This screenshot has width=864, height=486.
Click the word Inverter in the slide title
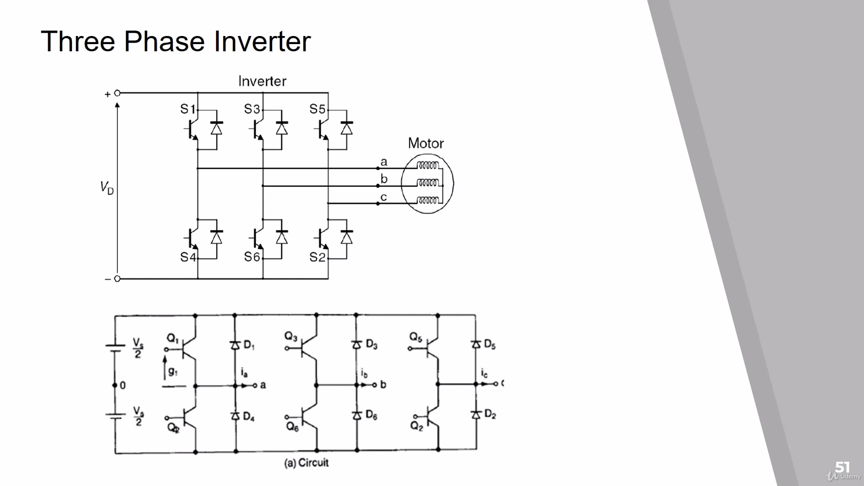pyautogui.click(x=262, y=41)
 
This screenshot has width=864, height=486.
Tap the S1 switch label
pyautogui.click(x=188, y=109)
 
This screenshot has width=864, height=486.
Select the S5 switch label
pyautogui.click(x=317, y=109)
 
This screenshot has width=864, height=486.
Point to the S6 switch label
pyautogui.click(x=252, y=257)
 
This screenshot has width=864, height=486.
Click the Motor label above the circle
pyautogui.click(x=426, y=144)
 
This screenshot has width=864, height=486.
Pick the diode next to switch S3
pyautogui.click(x=282, y=129)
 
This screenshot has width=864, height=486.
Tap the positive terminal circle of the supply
pyautogui.click(x=117, y=93)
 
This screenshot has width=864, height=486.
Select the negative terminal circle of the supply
pyautogui.click(x=117, y=279)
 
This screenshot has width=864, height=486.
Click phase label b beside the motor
pyautogui.click(x=384, y=179)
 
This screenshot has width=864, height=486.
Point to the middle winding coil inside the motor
pyautogui.click(x=427, y=184)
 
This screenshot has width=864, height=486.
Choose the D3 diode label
pyautogui.click(x=371, y=345)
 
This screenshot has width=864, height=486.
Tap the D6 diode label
pyautogui.click(x=371, y=415)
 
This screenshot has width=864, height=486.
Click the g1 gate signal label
pyautogui.click(x=173, y=371)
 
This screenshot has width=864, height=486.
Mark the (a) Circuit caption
pyautogui.click(x=306, y=463)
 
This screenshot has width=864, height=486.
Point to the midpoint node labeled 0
pyautogui.click(x=116, y=385)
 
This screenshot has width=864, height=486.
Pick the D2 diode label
pyautogui.click(x=490, y=414)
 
